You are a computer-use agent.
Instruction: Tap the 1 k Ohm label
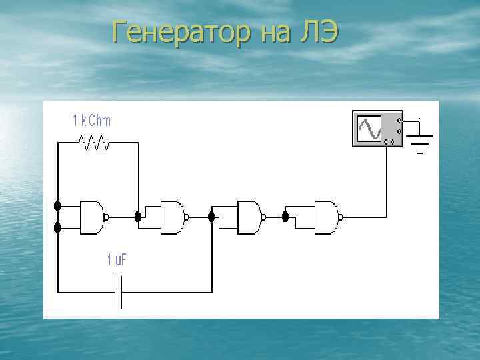click(91, 121)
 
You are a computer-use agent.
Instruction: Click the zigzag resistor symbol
click(94, 142)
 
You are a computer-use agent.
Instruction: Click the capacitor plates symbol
click(119, 292)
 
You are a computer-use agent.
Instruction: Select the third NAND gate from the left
click(249, 217)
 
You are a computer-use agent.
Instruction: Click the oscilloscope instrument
click(377, 129)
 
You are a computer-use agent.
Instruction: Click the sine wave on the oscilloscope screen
click(369, 129)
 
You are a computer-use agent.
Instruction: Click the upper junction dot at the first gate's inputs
click(58, 205)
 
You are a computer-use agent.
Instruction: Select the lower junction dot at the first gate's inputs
click(58, 228)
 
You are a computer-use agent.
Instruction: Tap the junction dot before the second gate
click(138, 216)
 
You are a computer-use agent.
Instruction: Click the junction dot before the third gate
click(212, 217)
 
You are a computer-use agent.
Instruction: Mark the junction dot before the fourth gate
click(285, 217)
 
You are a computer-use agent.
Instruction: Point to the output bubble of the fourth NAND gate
click(342, 217)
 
